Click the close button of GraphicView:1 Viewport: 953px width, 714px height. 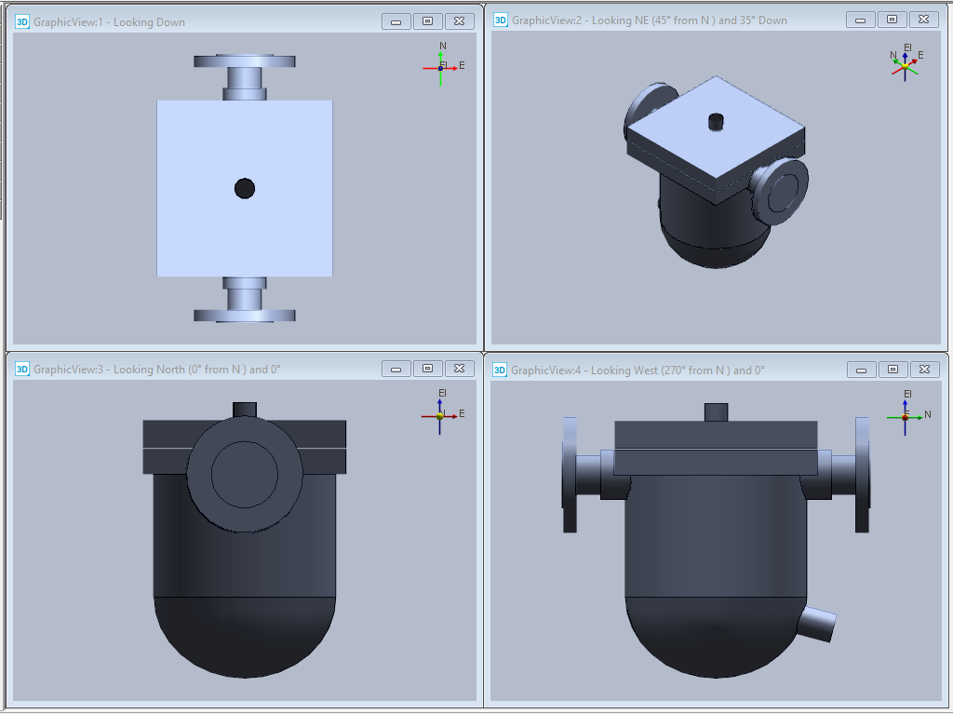point(460,21)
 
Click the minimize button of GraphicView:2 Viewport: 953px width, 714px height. point(861,20)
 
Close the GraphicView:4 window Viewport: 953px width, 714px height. point(924,370)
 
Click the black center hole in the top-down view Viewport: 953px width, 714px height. point(245,189)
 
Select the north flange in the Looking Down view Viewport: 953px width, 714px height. point(245,61)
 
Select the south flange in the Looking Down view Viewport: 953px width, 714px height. point(245,316)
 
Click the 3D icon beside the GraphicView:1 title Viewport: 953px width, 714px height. point(22,22)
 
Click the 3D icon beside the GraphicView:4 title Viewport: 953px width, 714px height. point(500,370)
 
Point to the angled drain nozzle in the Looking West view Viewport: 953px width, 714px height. point(816,624)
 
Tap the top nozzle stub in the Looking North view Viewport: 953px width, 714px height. point(245,411)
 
